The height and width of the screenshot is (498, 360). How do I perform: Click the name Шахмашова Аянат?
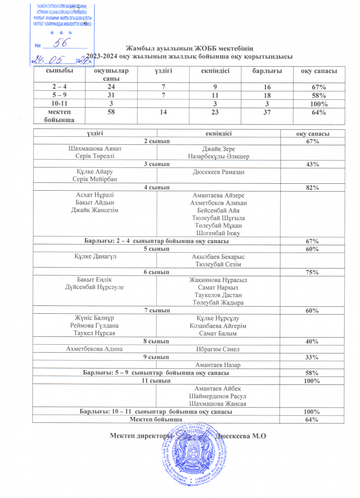coord(94,149)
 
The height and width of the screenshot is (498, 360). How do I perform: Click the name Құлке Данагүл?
coord(94,257)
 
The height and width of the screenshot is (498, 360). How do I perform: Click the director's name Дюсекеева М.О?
coord(242,435)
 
